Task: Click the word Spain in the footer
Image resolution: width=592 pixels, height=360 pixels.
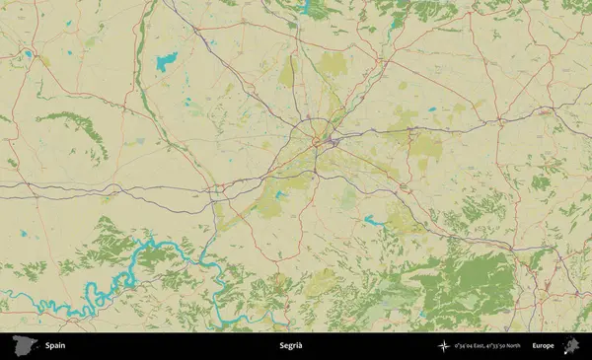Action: click(54, 345)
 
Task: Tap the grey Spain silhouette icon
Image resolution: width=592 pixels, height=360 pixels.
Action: click(21, 345)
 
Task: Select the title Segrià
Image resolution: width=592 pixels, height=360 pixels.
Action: click(291, 345)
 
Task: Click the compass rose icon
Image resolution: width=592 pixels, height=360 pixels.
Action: click(445, 345)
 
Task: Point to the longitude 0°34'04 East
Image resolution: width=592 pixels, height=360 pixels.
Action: click(473, 345)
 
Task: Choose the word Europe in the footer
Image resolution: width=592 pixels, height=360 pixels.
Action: click(544, 345)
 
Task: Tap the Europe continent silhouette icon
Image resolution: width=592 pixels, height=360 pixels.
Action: click(569, 345)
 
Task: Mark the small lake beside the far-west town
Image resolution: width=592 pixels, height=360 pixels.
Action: click(29, 54)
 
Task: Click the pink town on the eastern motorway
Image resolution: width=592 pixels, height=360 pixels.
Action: click(546, 113)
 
